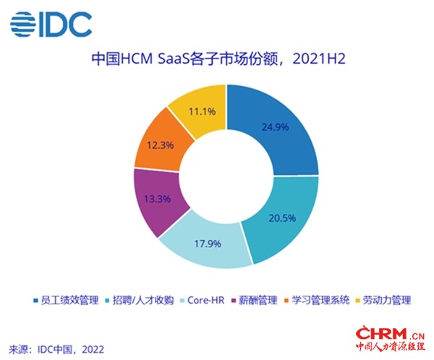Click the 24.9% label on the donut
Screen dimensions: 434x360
275,127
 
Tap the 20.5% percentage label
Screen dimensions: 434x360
282,218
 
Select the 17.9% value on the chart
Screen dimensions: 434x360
208,244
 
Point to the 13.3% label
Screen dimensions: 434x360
157,199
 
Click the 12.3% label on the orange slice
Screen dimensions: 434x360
161,145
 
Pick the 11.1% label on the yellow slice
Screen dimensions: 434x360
202,111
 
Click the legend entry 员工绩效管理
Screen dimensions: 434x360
66,300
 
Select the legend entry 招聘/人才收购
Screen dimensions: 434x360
140,300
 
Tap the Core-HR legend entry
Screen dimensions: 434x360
203,300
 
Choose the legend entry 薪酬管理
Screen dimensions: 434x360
254,300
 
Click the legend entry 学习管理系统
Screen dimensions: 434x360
317,300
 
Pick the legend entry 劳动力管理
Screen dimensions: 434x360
383,300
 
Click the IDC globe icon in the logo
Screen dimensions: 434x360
23,24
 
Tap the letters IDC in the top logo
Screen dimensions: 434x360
66,25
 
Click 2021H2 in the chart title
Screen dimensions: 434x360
319,59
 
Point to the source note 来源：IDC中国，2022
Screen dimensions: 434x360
56,349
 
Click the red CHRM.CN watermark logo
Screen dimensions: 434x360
391,339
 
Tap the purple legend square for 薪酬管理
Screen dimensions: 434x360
234,301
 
